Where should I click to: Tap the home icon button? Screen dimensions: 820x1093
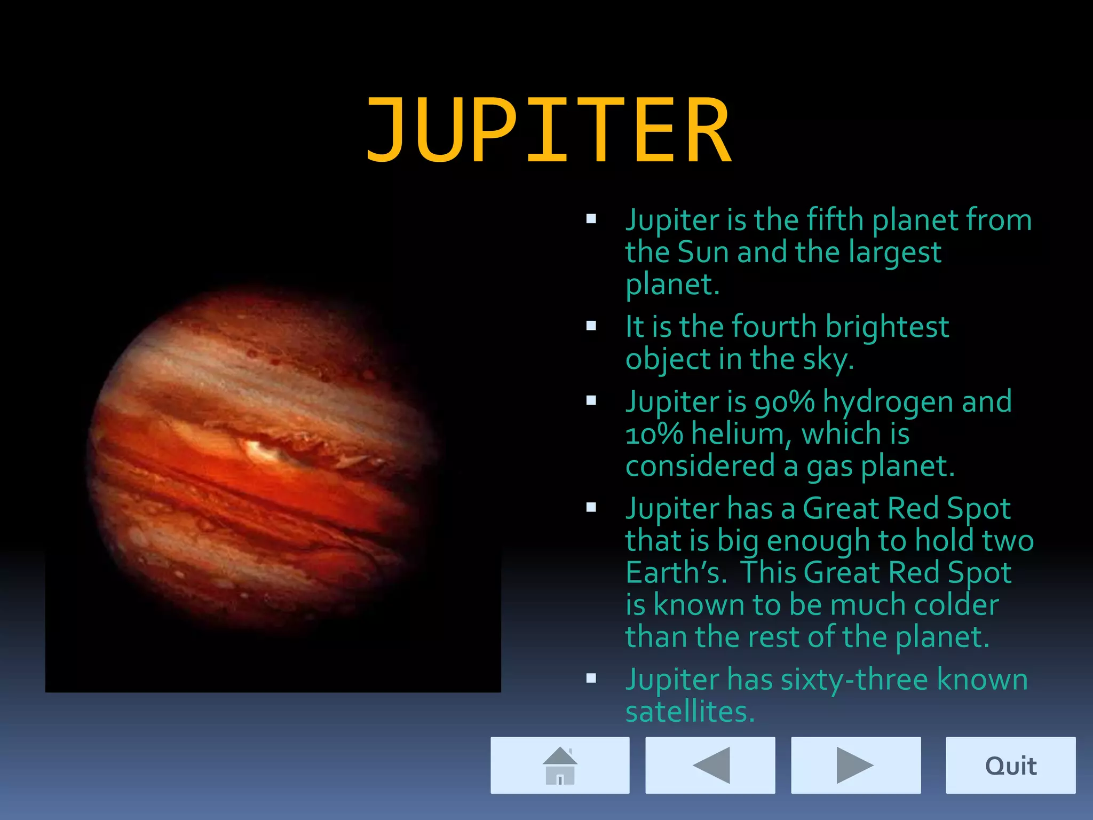point(560,765)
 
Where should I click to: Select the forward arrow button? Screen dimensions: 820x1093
point(856,765)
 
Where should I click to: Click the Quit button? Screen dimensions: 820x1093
point(1010,765)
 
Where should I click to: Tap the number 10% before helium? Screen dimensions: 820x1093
point(654,433)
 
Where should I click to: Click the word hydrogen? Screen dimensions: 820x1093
point(888,403)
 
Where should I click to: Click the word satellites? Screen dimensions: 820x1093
point(690,712)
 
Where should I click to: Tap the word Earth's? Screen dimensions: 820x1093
point(676,572)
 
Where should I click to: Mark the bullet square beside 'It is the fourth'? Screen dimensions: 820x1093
point(591,326)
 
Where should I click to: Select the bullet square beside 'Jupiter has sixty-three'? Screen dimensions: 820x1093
point(591,679)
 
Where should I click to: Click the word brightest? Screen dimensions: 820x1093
point(887,327)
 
